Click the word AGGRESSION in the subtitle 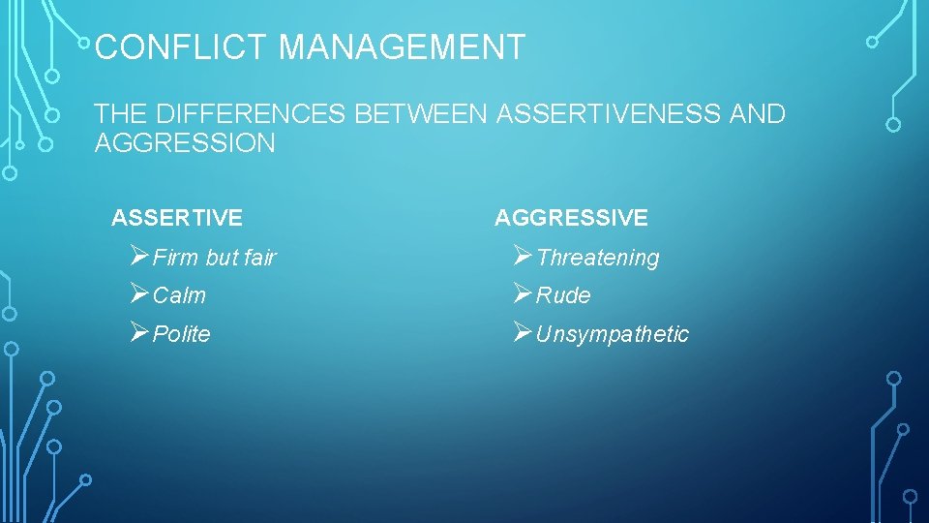coord(185,144)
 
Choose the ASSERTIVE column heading coord(177,218)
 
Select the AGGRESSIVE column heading coord(571,218)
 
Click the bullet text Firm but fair coord(214,258)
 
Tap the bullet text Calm coord(179,295)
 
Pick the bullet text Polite coord(181,334)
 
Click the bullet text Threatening coord(597,258)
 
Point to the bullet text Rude coord(562,295)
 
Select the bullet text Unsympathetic coord(612,334)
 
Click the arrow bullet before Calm coord(138,293)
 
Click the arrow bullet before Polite coord(138,332)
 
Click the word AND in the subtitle coord(758,115)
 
